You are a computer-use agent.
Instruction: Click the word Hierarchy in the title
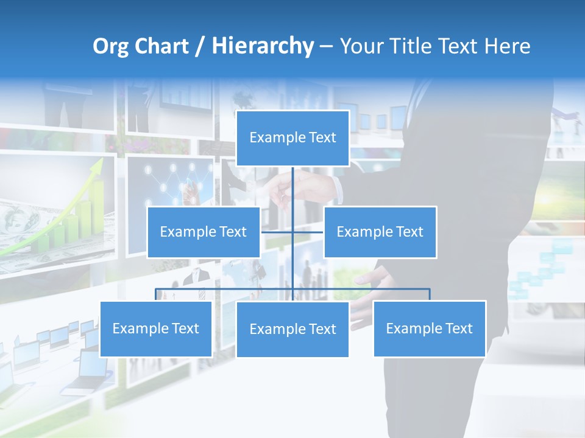point(262,46)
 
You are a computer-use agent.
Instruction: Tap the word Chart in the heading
point(163,46)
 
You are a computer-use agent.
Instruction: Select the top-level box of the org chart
point(292,138)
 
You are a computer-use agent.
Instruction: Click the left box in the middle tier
point(204,232)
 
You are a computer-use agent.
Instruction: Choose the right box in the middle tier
point(380,232)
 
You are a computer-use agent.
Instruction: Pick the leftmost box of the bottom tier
point(155,328)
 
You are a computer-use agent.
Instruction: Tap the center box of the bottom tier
point(292,329)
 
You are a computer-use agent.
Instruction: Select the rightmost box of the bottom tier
point(429,328)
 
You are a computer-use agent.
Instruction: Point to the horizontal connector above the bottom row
point(225,289)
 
